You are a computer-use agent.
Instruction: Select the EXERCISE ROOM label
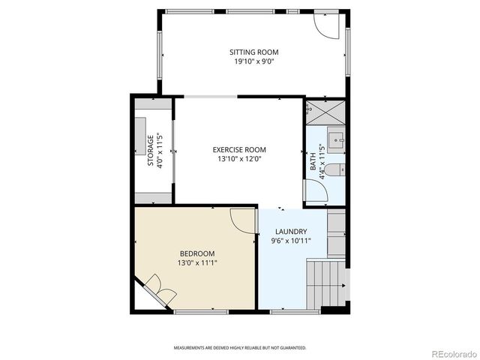[239, 149]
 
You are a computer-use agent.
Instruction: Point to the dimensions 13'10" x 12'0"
[239, 159]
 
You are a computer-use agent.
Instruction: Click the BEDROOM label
[196, 253]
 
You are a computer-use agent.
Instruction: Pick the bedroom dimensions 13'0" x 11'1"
[196, 263]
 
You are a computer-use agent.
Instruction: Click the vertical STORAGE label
[151, 151]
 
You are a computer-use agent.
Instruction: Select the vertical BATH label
[313, 161]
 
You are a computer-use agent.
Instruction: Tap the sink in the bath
[336, 139]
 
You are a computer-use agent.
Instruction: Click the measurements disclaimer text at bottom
[240, 348]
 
